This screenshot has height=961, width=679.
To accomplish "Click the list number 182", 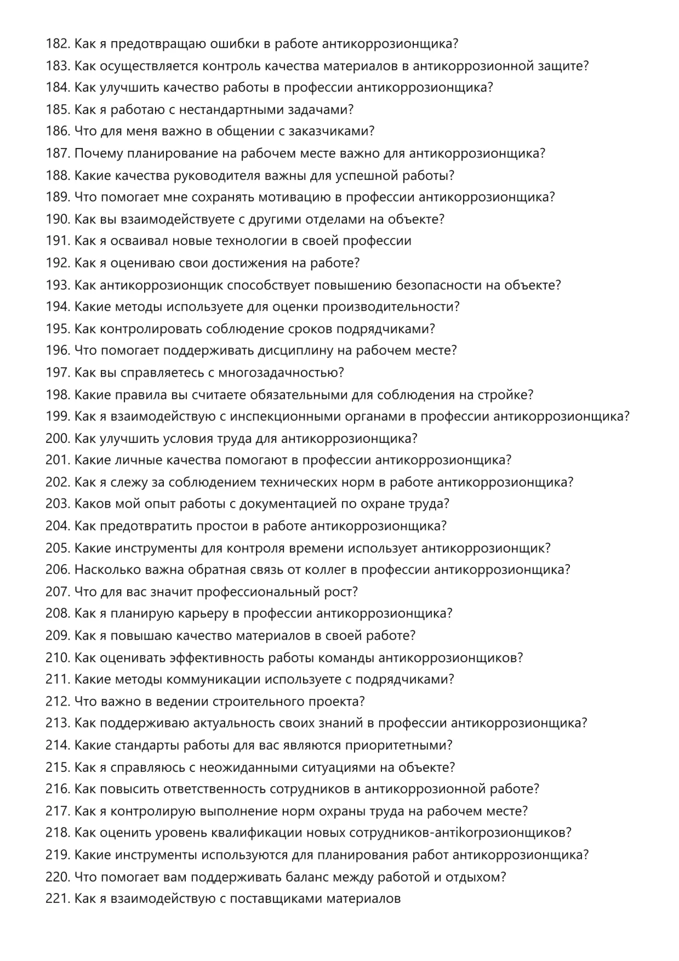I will tap(58, 44).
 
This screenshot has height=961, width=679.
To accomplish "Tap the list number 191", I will tap(58, 241).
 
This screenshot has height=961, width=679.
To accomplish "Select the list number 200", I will tap(58, 439).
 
